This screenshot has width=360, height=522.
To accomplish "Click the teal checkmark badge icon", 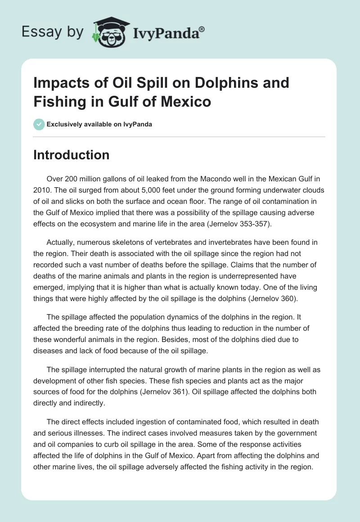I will coord(39,124).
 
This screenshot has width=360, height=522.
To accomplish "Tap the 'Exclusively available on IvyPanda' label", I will coord(99,124).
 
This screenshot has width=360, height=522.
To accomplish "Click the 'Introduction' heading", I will coord(71,155).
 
